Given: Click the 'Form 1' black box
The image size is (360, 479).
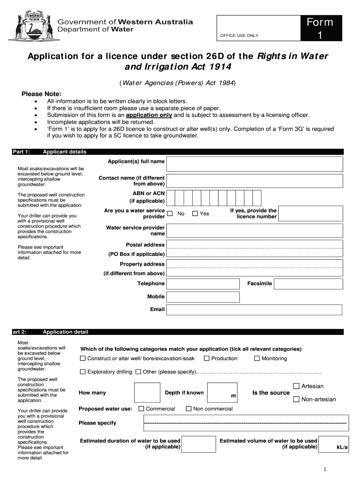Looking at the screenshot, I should click(x=320, y=29).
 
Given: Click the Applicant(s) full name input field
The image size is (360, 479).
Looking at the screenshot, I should click(x=255, y=164).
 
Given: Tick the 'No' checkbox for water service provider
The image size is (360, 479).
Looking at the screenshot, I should click(x=170, y=214).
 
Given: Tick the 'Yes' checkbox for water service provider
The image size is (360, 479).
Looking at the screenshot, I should click(x=195, y=214).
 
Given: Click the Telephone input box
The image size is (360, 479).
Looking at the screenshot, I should click(x=203, y=284).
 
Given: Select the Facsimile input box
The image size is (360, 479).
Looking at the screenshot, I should click(x=308, y=284).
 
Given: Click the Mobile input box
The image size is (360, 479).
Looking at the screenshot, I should click(x=203, y=297).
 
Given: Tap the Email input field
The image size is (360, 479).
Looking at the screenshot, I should click(x=254, y=310).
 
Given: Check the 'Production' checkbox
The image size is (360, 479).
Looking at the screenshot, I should click(x=206, y=359).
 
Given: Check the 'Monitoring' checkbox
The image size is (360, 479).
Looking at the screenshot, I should click(x=257, y=359).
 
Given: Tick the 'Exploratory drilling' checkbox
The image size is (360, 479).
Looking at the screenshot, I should click(x=83, y=372).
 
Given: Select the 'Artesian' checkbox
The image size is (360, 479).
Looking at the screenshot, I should click(x=296, y=386).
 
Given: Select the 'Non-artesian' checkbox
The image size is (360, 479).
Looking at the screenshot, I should click(x=296, y=399).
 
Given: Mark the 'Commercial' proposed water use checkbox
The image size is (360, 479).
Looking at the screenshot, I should click(x=141, y=409).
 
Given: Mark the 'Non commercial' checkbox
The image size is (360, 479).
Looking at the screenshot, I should click(x=188, y=409).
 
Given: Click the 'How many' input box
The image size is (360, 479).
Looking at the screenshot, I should click(x=147, y=393).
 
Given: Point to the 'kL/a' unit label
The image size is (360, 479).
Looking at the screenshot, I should click(x=342, y=448).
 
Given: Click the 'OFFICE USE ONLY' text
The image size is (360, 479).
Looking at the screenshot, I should click(x=239, y=36).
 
